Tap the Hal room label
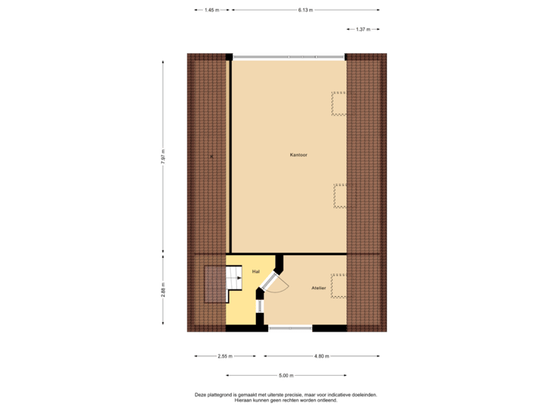(x=256, y=271)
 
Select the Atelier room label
(x=319, y=289)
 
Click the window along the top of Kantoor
(x=289, y=56)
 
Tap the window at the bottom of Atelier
(x=290, y=329)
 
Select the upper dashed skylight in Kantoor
(x=339, y=103)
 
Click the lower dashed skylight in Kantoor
(x=340, y=196)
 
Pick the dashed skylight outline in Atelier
(x=339, y=285)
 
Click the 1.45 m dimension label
(x=212, y=10)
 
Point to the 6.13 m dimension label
(x=305, y=10)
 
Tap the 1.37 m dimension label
(x=363, y=29)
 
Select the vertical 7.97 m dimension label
(x=163, y=156)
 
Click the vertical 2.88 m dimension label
(x=163, y=291)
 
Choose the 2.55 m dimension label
(x=226, y=355)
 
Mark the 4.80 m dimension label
(x=322, y=355)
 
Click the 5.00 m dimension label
(x=286, y=375)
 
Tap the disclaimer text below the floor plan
(x=286, y=396)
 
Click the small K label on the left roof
(x=211, y=156)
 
